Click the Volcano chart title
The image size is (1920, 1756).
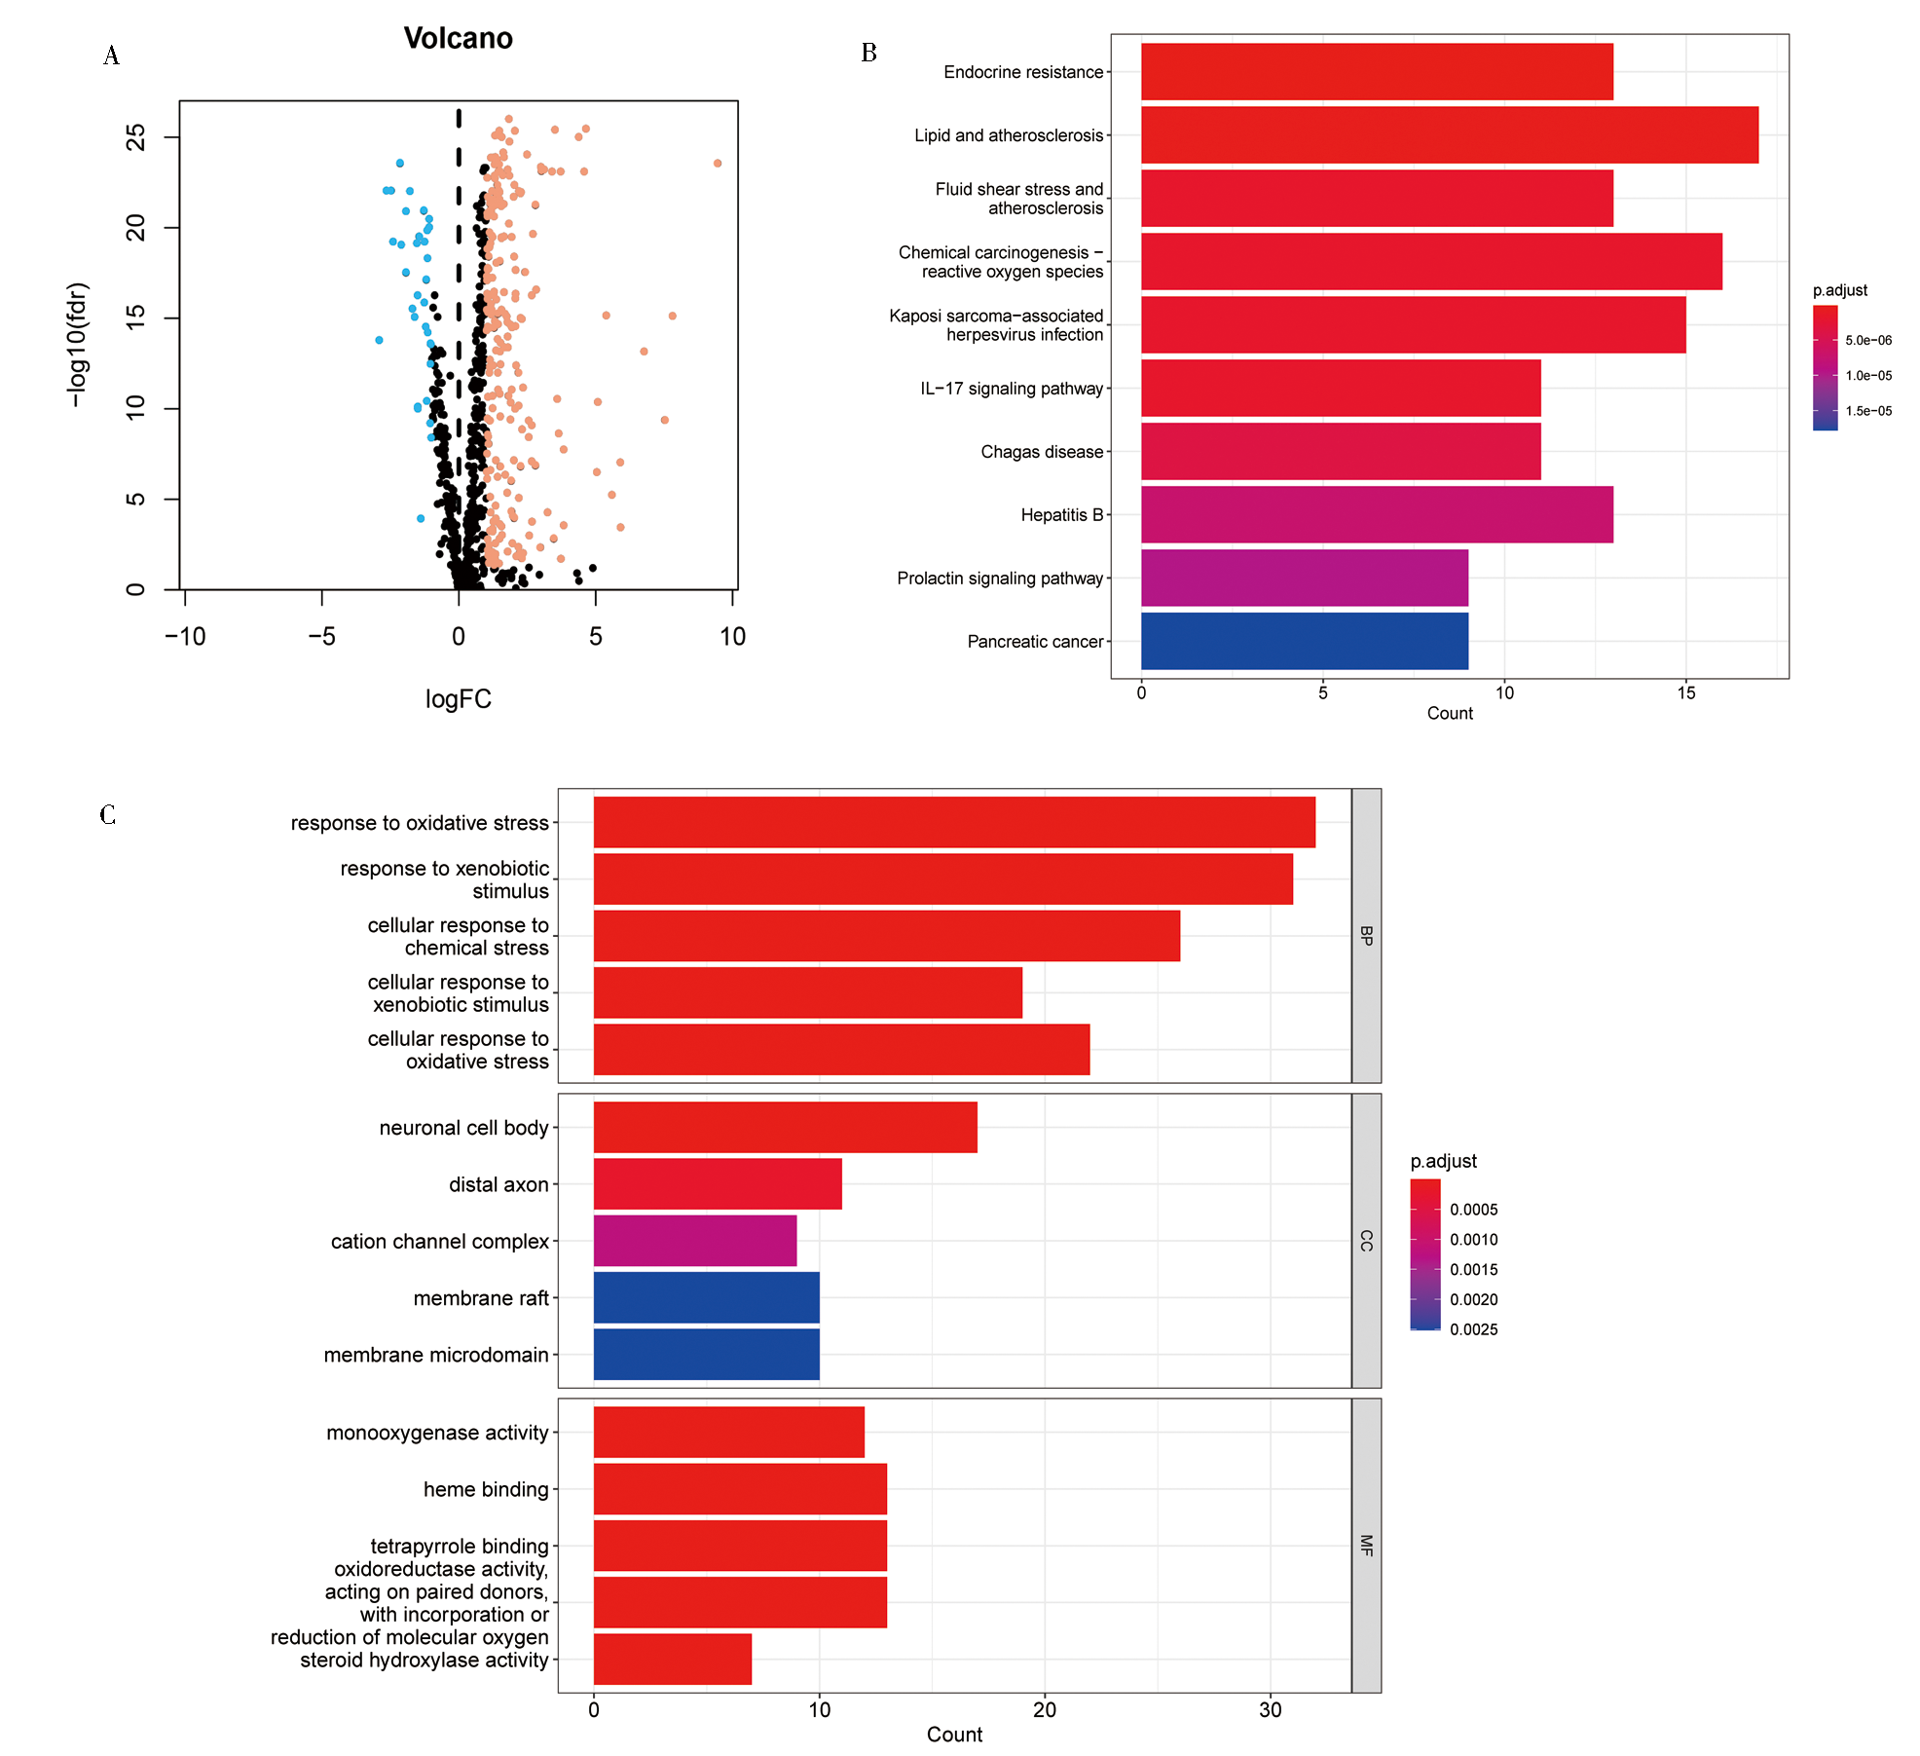point(458,38)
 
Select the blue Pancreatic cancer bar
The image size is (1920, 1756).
point(1304,641)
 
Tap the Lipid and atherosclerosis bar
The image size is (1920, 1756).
point(1449,134)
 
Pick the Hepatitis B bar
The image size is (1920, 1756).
point(1377,514)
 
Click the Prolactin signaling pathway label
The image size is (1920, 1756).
point(1000,579)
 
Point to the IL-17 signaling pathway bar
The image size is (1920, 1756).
point(1341,388)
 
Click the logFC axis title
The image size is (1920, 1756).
point(458,699)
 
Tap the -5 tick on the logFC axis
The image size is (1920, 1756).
point(321,637)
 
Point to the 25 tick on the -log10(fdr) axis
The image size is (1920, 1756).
point(136,137)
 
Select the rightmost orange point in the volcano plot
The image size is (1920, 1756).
point(718,163)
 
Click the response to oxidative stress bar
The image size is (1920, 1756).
point(954,822)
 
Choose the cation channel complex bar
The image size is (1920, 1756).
point(695,1241)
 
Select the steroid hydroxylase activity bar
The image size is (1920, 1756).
point(673,1659)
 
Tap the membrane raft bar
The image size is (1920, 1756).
point(706,1297)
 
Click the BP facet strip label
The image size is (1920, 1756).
point(1366,935)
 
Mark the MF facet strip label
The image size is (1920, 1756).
point(1366,1545)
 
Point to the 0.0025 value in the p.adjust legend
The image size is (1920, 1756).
point(1473,1329)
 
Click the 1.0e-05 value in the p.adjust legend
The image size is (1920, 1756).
point(1868,376)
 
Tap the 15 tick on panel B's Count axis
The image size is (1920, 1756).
point(1685,693)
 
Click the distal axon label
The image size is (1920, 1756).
point(498,1184)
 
